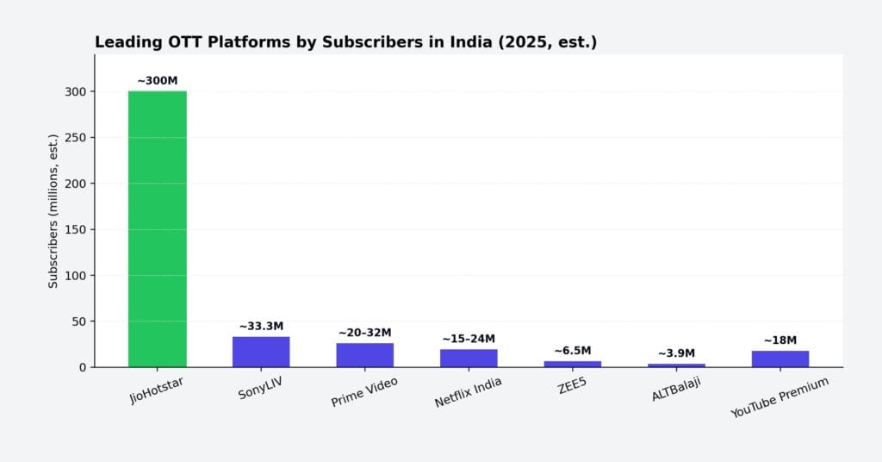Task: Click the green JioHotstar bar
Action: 157,228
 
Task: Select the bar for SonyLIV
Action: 261,352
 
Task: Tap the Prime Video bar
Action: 364,355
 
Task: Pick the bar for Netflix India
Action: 469,358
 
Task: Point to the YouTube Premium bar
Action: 780,359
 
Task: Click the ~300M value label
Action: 157,81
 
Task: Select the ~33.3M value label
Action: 261,327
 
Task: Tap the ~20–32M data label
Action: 364,333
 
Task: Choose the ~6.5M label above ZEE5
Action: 573,351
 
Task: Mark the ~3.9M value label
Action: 676,353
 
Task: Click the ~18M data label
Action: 780,340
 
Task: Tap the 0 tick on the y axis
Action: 82,367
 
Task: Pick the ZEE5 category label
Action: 573,384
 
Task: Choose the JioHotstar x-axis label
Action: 155,389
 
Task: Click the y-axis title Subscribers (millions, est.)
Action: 53,211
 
